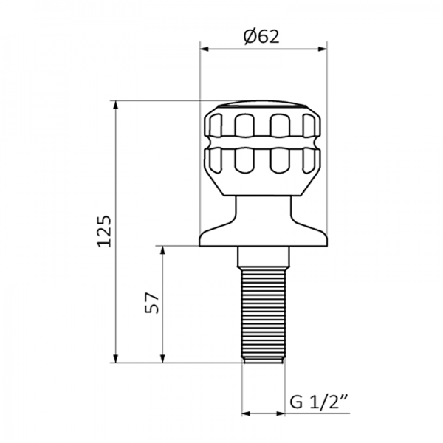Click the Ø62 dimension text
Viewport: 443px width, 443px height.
[264, 36]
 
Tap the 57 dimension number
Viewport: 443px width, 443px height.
[152, 304]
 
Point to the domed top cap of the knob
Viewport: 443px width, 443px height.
[264, 103]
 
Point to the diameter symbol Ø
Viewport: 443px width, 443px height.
[250, 36]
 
